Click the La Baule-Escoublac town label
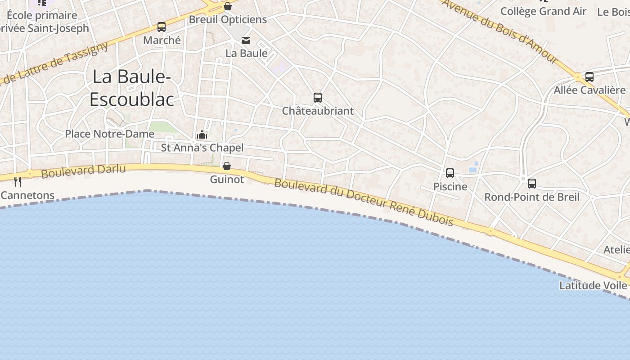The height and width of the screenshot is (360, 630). click(131, 88)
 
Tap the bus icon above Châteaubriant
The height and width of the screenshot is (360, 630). click(318, 97)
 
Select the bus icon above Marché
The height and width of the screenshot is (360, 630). click(162, 27)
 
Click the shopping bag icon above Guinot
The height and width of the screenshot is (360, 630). click(227, 166)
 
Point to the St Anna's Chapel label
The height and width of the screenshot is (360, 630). click(202, 148)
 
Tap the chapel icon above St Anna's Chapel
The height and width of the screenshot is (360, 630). click(202, 135)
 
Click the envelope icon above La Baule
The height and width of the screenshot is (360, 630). click(246, 40)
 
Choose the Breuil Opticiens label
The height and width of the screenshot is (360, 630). click(228, 19)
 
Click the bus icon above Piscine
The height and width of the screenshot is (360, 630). click(450, 173)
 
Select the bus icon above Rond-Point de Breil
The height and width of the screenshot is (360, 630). click(532, 183)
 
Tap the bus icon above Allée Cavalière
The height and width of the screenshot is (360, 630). click(589, 77)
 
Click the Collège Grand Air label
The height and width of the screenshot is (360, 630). click(543, 11)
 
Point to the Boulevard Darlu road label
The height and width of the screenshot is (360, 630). click(83, 171)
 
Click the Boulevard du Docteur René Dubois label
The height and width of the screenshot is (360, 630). click(364, 202)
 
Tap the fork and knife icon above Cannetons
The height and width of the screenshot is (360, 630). click(18, 181)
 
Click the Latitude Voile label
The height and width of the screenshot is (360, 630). click(593, 285)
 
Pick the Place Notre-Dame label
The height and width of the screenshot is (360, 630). click(109, 134)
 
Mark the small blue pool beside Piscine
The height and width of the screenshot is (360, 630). click(472, 170)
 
